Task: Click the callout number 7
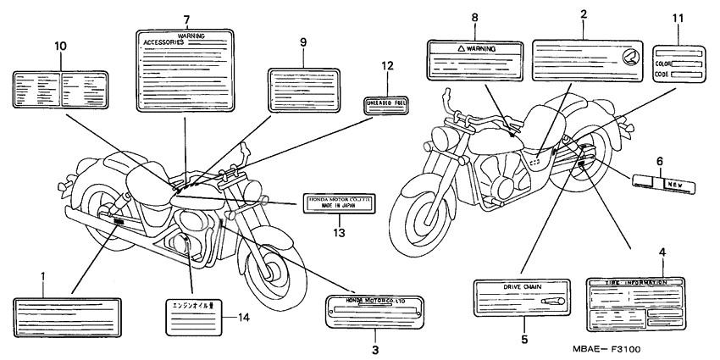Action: (x=186, y=19)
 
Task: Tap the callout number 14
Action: (x=243, y=318)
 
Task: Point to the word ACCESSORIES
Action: (x=162, y=41)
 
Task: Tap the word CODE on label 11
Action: (x=662, y=74)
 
